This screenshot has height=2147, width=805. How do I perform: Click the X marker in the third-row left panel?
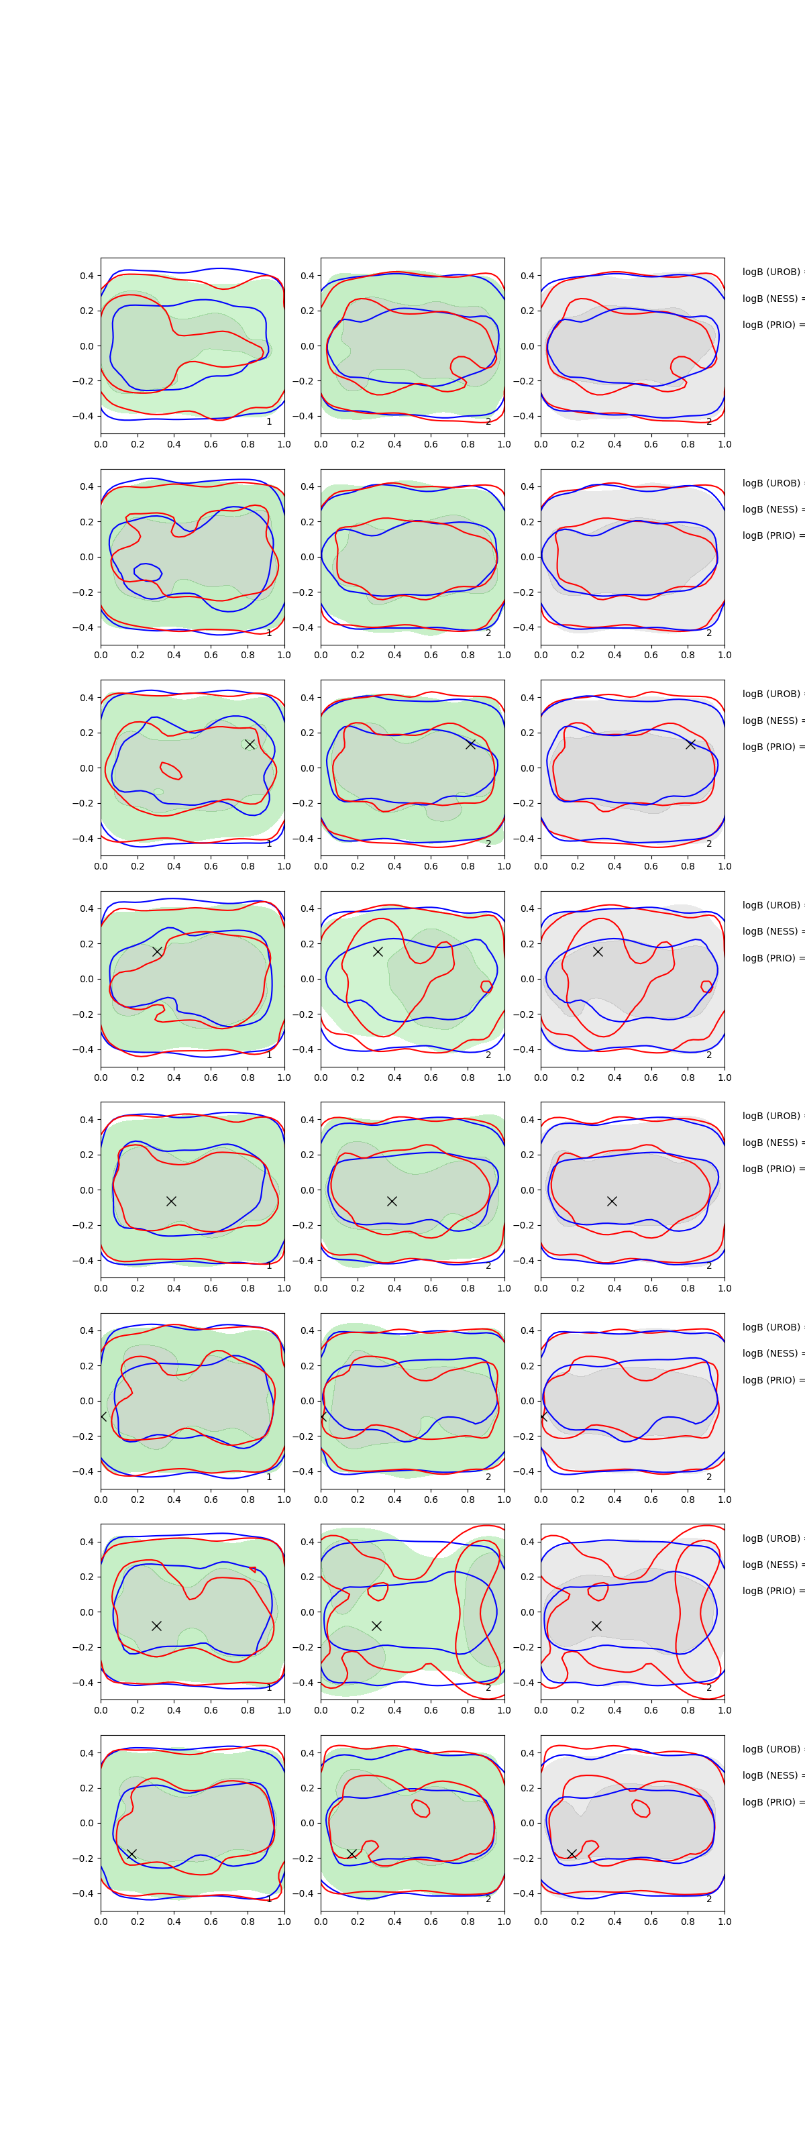click(x=249, y=744)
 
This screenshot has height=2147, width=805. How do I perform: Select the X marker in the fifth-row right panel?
click(x=612, y=1201)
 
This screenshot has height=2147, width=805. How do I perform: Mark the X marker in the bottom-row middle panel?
click(x=352, y=1854)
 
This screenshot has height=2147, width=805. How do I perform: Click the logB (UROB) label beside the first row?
click(x=771, y=272)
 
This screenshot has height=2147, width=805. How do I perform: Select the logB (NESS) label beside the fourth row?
click(x=771, y=931)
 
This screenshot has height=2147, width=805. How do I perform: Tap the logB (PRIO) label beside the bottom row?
click(x=771, y=1802)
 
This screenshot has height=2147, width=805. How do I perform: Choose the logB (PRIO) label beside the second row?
click(x=771, y=535)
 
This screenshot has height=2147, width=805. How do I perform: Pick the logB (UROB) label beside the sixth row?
click(x=771, y=1327)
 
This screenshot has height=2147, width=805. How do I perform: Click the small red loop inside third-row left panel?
click(x=170, y=770)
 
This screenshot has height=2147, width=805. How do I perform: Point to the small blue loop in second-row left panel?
click(x=148, y=572)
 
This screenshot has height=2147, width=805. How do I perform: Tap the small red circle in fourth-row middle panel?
click(x=486, y=987)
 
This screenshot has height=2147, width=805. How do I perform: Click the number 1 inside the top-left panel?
click(x=269, y=422)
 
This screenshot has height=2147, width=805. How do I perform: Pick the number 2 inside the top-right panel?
click(x=709, y=422)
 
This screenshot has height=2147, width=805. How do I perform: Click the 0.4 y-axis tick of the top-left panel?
click(x=87, y=276)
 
